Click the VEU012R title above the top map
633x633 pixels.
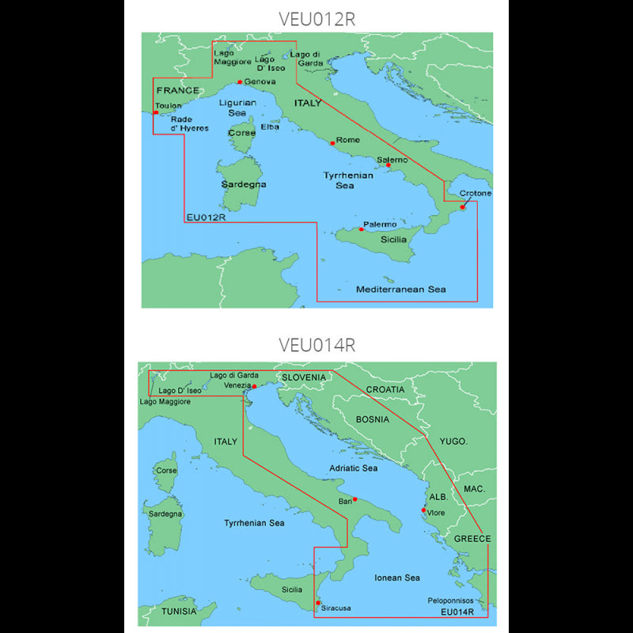pos(316,19)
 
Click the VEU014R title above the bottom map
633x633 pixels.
pos(316,345)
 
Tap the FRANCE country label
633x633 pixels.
pos(177,90)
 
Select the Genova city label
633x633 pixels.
pos(260,82)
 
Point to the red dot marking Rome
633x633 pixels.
pos(332,142)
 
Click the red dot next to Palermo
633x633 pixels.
pos(362,229)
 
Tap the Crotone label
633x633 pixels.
pos(475,194)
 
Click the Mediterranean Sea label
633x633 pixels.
pos(400,290)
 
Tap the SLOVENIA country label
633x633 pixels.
pos(304,377)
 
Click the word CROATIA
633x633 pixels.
pos(385,389)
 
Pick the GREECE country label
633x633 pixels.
pos(472,539)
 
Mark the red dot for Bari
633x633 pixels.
pos(355,499)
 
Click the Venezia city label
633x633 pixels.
pos(237,385)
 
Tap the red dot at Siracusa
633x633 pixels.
pos(318,603)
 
